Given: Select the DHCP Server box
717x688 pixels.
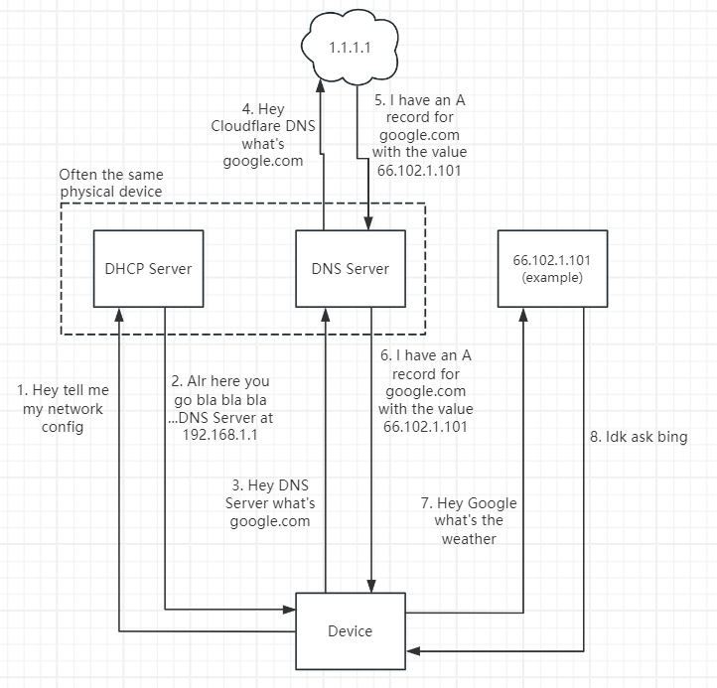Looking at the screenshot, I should (x=148, y=268).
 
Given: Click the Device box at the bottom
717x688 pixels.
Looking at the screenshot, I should (x=350, y=630).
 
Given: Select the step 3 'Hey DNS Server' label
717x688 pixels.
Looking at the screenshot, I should (x=270, y=503).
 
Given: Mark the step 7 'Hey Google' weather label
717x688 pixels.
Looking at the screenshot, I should (x=469, y=520).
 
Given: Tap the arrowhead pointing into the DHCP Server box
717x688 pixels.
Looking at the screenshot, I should (x=119, y=313).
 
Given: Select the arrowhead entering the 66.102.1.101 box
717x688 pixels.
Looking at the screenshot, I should (x=524, y=313).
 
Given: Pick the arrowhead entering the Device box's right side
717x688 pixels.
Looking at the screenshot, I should (x=412, y=651).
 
